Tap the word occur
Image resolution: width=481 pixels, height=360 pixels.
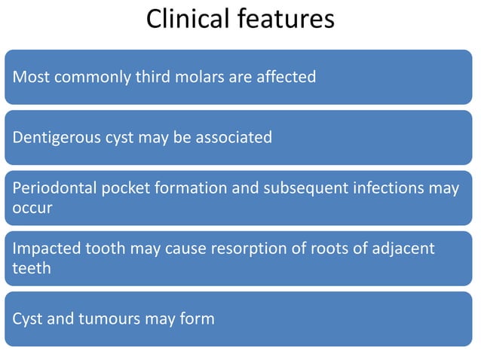click(x=32, y=207)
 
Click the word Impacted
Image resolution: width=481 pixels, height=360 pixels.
click(x=45, y=249)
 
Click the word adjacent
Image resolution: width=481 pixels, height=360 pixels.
click(x=405, y=249)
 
